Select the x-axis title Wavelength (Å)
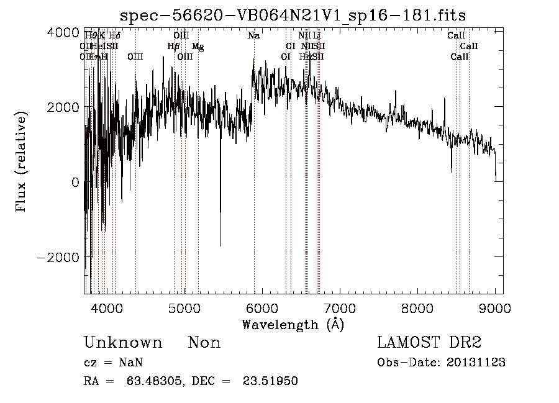pos(293,324)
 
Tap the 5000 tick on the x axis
pos(185,308)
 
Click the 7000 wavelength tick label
pos(340,308)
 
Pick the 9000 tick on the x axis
pos(495,308)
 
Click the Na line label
pos(253,36)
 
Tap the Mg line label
pos(198,47)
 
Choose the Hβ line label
pos(173,47)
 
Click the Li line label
pos(317,36)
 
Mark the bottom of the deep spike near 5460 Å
pos(220,246)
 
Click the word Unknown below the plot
pos(123,343)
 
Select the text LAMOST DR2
pos(429,343)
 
